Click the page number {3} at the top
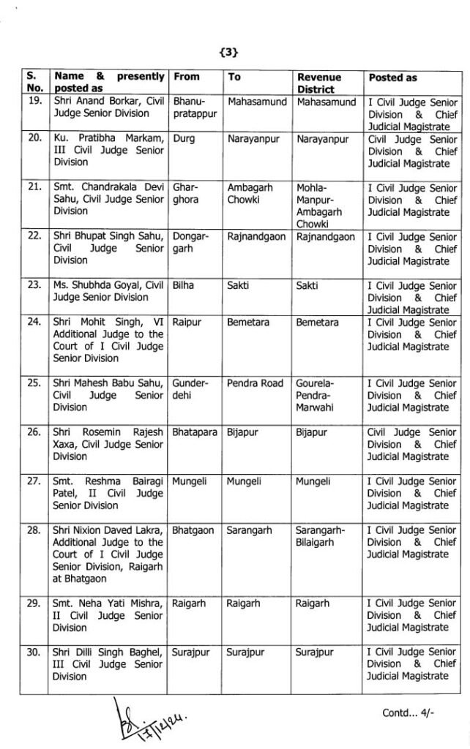coord(229,52)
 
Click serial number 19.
coord(34,102)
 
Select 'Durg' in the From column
coord(184,139)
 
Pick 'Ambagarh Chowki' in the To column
coord(250,194)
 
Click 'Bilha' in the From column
coord(184,285)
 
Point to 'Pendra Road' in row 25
coord(255,383)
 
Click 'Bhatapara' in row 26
coord(194,432)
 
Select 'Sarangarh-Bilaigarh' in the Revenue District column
coord(324,535)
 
